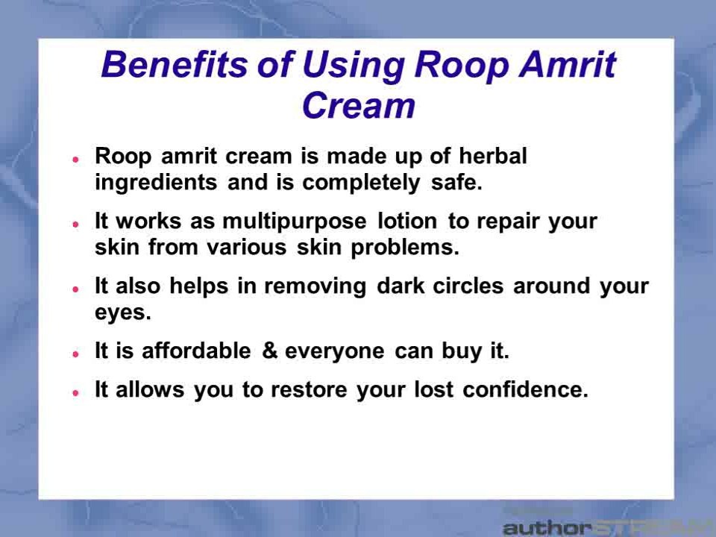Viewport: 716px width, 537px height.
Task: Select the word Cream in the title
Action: (359, 105)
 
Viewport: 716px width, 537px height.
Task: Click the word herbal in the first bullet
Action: (493, 156)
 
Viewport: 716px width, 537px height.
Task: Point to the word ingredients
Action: (156, 183)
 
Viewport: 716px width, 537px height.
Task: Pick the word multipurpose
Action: (295, 222)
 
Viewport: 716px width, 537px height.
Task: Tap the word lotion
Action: (407, 221)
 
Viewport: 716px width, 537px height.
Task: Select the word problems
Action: (405, 248)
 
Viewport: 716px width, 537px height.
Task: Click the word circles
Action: (468, 286)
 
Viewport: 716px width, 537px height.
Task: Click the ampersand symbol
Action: (270, 351)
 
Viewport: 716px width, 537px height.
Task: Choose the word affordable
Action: (196, 351)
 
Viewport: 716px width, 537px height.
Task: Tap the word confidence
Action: (526, 389)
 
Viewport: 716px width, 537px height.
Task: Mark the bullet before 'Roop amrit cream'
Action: (76, 159)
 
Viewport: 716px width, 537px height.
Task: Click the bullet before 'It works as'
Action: (76, 224)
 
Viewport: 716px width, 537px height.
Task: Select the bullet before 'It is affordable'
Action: (76, 354)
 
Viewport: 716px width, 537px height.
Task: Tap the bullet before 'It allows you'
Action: (76, 393)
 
